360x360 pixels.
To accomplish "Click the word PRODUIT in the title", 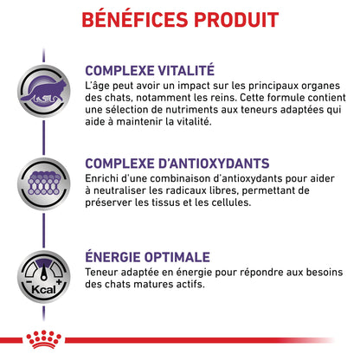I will pos(231,18).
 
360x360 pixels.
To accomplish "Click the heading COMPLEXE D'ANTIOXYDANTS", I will pos(178,164).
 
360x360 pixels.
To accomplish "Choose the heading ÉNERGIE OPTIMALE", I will pos(147,257).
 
